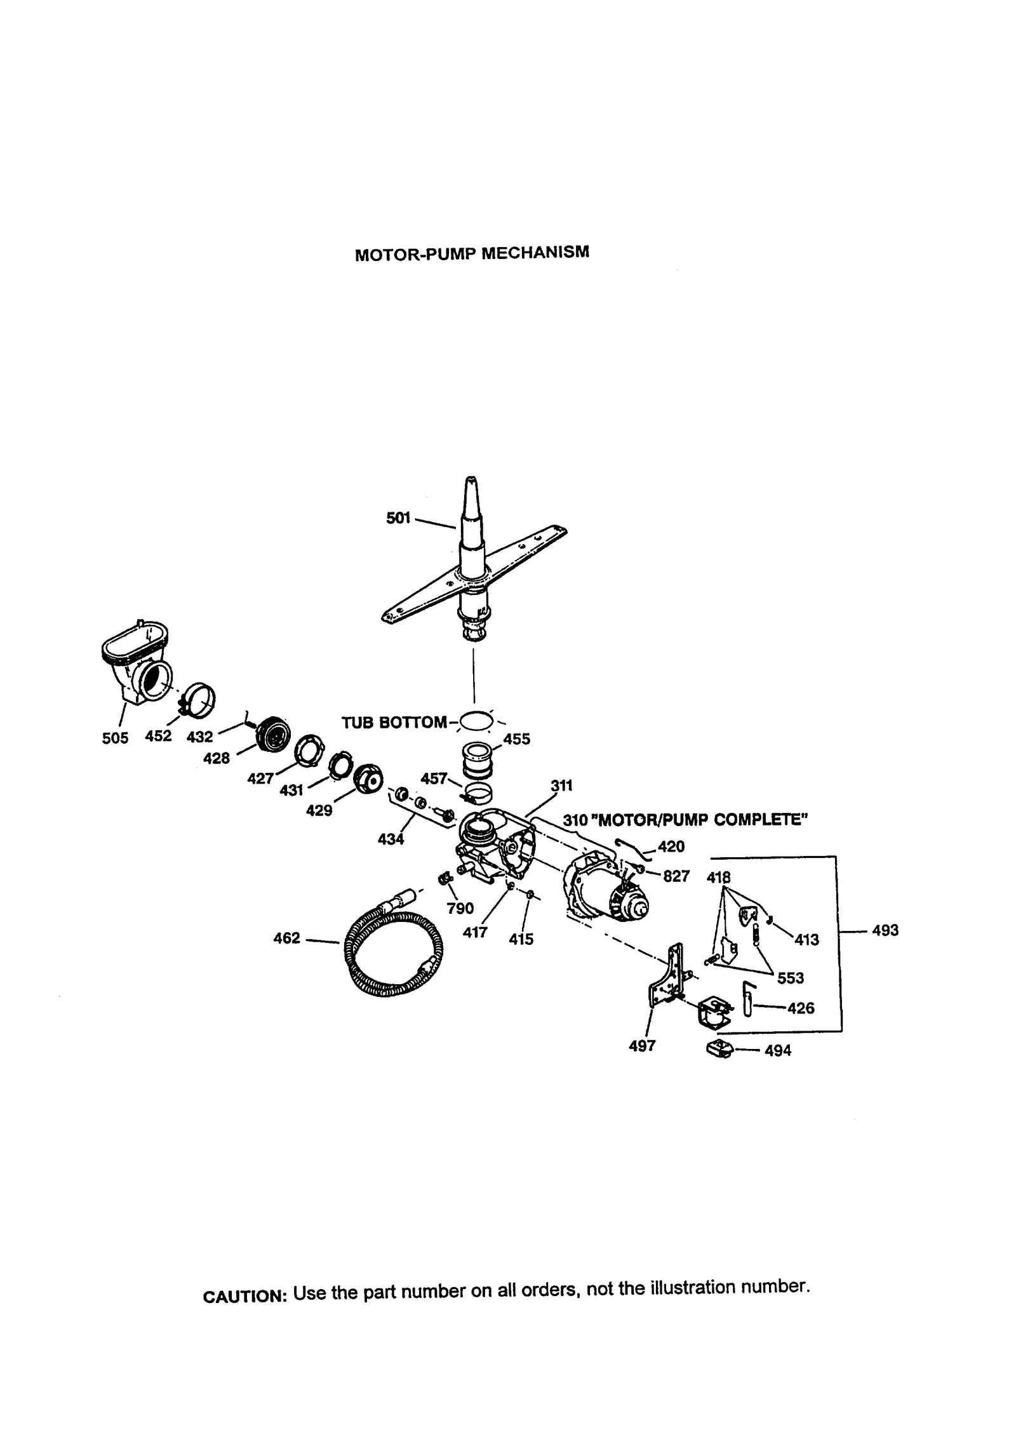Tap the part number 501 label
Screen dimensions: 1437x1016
coord(398,518)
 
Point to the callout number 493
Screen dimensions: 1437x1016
coord(885,930)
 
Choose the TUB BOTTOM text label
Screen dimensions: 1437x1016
coord(394,723)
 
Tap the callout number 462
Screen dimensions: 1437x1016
coord(286,938)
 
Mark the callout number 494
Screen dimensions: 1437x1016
coord(778,1051)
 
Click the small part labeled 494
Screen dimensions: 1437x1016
coord(719,1050)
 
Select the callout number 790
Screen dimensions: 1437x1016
coord(460,908)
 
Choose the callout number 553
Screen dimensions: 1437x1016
coord(790,978)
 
